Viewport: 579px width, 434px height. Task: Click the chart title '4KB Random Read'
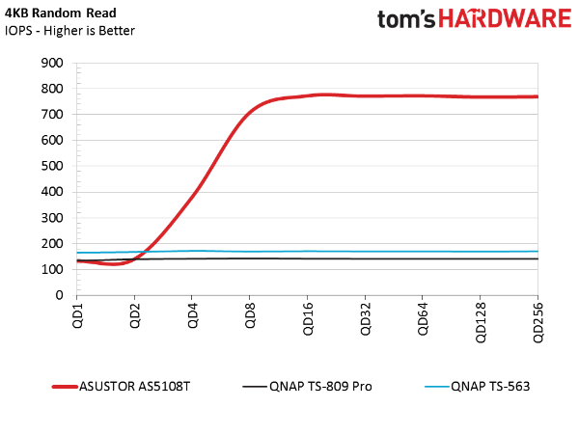click(60, 14)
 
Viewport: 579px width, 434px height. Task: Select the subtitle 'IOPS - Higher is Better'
click(69, 31)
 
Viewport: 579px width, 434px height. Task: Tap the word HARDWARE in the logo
click(505, 19)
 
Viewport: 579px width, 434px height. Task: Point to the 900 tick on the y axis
click(52, 63)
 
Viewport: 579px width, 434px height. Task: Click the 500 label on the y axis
click(52, 166)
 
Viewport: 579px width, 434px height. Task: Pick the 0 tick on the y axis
click(59, 295)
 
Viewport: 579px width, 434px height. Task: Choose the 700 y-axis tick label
click(52, 115)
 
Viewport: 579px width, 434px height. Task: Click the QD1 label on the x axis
click(77, 315)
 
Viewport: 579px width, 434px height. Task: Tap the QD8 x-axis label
click(250, 315)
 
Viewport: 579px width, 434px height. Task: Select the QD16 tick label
click(308, 319)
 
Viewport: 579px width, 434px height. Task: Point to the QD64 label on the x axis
click(423, 319)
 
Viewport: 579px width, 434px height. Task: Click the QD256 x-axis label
click(538, 322)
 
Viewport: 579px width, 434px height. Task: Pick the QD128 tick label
click(481, 322)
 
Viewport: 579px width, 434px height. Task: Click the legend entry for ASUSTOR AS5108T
click(122, 387)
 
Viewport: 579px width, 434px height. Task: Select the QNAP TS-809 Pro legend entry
click(307, 387)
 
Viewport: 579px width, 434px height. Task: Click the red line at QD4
click(192, 194)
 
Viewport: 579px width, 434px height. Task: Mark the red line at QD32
click(365, 95)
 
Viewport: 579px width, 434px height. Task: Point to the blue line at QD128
click(480, 252)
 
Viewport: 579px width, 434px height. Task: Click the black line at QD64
click(423, 258)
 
